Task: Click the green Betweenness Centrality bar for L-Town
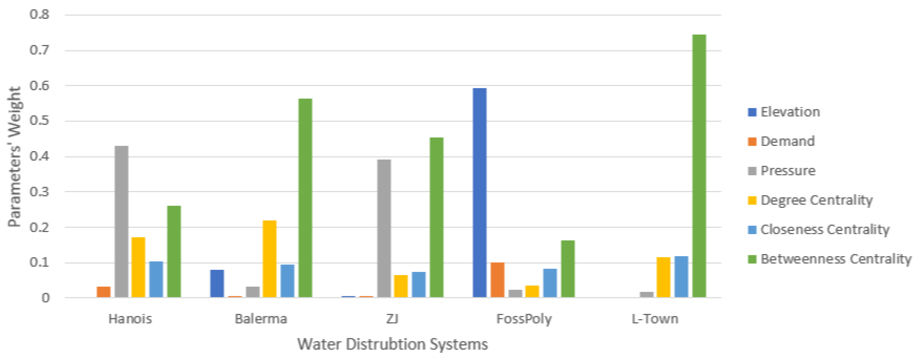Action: click(699, 166)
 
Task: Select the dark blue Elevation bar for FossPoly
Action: click(479, 193)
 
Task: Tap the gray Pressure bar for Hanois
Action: click(121, 222)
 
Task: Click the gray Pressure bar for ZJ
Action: click(384, 229)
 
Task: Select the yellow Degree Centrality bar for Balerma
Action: click(270, 259)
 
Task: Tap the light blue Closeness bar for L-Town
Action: click(681, 277)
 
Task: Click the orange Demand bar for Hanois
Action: click(104, 292)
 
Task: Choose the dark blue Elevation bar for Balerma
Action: click(217, 284)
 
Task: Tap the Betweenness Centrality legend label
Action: click(836, 259)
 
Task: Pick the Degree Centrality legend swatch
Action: click(752, 200)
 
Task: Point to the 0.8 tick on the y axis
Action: click(39, 15)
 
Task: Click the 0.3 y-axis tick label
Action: click(39, 192)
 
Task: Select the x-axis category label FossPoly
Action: click(524, 319)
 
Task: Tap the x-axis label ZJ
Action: click(392, 319)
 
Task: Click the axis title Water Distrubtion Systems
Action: click(392, 344)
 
